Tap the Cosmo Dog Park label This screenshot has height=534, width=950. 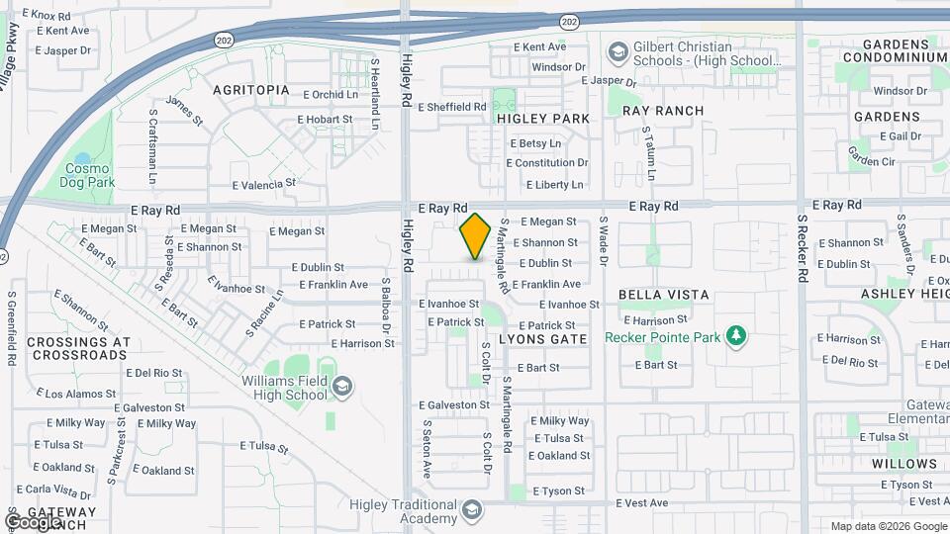pyautogui.click(x=87, y=175)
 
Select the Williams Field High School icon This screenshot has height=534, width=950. pyautogui.click(x=343, y=386)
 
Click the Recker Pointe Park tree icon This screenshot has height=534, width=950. pyautogui.click(x=735, y=337)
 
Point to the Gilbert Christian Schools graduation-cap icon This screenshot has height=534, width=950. pyautogui.click(x=617, y=51)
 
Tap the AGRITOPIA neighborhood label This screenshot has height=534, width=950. pyautogui.click(x=251, y=90)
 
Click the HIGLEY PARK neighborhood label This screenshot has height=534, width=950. pyautogui.click(x=543, y=119)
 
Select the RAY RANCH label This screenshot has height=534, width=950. pyautogui.click(x=663, y=111)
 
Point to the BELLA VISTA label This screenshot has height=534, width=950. pyautogui.click(x=663, y=295)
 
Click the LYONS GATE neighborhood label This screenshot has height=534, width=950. pyautogui.click(x=543, y=338)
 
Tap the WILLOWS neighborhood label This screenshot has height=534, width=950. pyautogui.click(x=904, y=464)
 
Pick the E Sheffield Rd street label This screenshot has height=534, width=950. pyautogui.click(x=452, y=107)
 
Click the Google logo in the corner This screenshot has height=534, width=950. pyautogui.click(x=33, y=520)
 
